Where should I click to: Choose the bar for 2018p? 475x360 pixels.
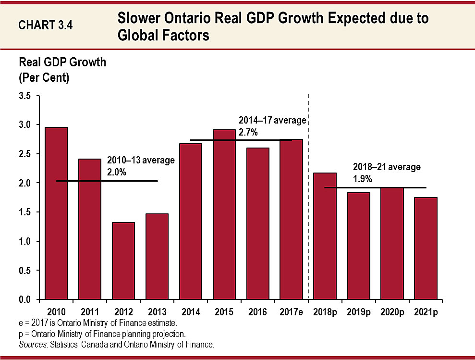(325, 236)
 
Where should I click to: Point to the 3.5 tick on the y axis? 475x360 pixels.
(25, 96)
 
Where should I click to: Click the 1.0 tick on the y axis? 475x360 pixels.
(25, 241)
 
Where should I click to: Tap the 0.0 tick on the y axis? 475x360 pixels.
(25, 299)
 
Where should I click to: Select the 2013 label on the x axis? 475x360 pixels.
(157, 311)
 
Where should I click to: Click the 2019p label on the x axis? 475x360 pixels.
(359, 311)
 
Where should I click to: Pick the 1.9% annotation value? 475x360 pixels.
(362, 178)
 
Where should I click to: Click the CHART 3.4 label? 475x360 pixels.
(46, 25)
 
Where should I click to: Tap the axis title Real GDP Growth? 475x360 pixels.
(62, 63)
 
